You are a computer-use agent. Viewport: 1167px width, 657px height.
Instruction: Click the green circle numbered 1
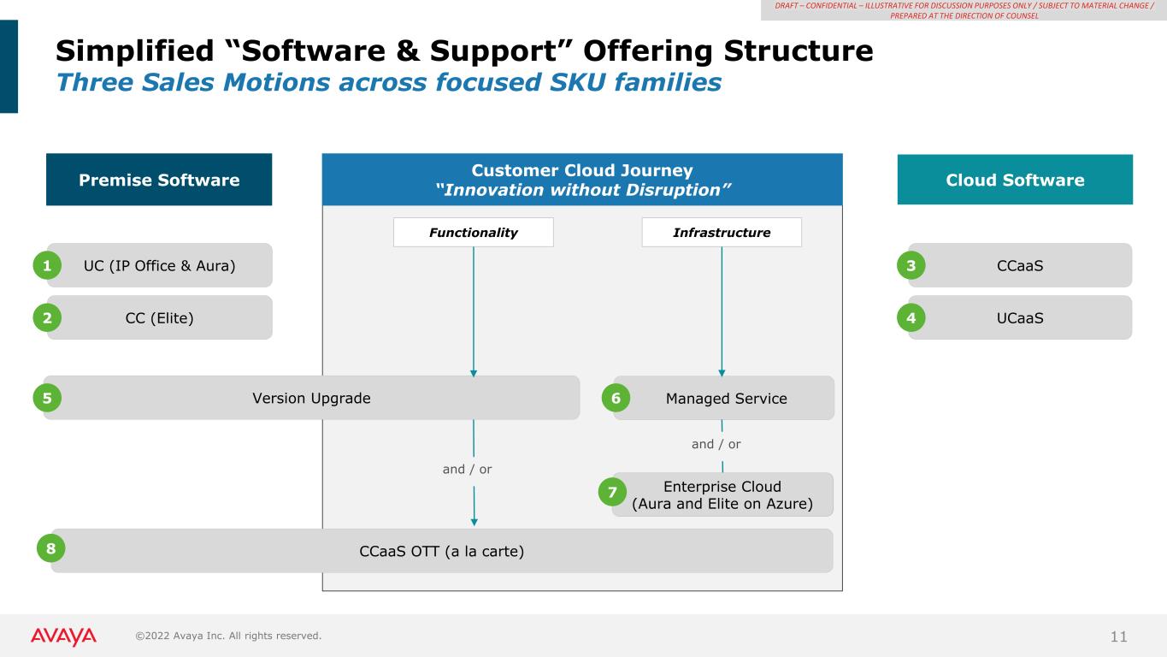tap(48, 266)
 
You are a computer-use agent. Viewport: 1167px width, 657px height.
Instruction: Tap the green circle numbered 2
tap(48, 318)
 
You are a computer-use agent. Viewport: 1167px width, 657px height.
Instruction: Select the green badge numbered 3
tap(911, 266)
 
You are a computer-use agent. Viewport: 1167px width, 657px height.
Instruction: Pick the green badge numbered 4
tap(911, 318)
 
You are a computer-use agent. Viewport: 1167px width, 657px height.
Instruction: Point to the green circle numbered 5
tap(48, 398)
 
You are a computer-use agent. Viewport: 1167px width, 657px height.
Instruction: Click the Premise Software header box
tap(159, 180)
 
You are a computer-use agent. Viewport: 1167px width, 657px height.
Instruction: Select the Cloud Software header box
tap(1015, 180)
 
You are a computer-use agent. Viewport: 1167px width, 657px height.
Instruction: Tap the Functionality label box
tap(473, 233)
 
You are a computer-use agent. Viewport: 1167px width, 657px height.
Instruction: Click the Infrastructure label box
tap(721, 233)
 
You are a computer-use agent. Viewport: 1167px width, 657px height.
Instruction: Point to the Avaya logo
tap(64, 636)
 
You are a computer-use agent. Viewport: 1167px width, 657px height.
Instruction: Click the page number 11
tap(1119, 636)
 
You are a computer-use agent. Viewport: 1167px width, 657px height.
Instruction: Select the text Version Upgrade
tap(311, 398)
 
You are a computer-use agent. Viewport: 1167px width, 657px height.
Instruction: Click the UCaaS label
tap(1020, 318)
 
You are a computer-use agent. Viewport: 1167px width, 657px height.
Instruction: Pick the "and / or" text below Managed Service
tap(716, 444)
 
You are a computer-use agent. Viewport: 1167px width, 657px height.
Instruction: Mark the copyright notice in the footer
tap(228, 636)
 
